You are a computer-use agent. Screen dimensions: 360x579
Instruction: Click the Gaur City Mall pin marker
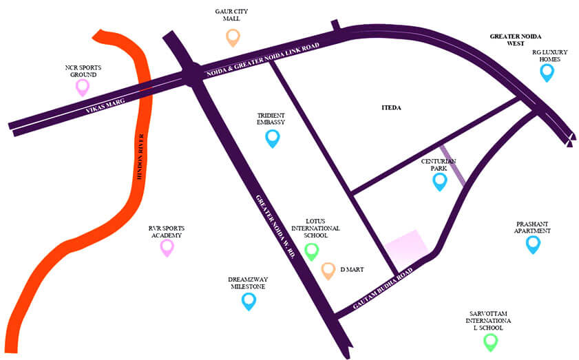coord(233,37)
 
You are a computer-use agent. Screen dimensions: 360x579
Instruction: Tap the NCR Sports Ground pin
coord(83,87)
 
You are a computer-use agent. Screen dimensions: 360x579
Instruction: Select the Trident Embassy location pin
coord(273,138)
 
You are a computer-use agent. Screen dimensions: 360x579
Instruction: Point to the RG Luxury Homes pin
coord(547,72)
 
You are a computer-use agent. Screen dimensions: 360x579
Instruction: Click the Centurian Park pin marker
coord(439,181)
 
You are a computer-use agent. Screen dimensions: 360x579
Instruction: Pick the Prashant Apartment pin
coord(533,244)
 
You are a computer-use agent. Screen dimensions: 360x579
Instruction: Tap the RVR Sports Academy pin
coord(167,247)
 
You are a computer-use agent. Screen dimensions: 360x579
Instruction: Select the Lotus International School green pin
coord(312,251)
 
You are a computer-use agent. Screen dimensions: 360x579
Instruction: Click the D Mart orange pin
coord(328,271)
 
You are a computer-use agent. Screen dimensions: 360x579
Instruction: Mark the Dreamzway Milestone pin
coord(249,301)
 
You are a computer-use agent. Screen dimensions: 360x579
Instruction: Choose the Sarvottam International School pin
coord(490,341)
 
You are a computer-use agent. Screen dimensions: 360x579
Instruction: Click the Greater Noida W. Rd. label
coord(276,227)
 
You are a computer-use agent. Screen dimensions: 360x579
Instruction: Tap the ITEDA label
coord(391,108)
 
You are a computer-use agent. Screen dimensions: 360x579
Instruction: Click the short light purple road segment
coord(453,166)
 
